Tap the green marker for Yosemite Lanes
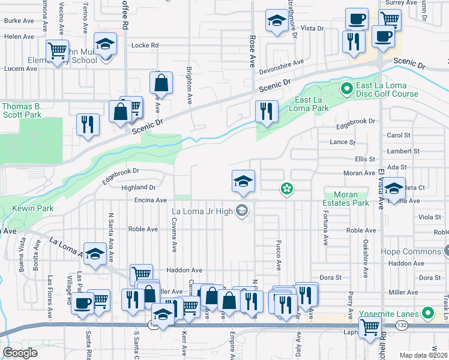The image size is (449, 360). (x=427, y=313)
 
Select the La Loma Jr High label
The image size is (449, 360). (x=202, y=211)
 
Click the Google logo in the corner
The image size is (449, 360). (x=20, y=353)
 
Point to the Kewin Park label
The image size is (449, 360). (x=32, y=208)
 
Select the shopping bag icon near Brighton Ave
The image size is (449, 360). (x=161, y=83)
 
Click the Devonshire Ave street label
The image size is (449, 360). (x=282, y=66)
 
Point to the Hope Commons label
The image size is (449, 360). (x=414, y=251)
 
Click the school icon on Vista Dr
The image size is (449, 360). (x=276, y=20)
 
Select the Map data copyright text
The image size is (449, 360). (x=423, y=354)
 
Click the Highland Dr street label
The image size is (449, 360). (x=139, y=187)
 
